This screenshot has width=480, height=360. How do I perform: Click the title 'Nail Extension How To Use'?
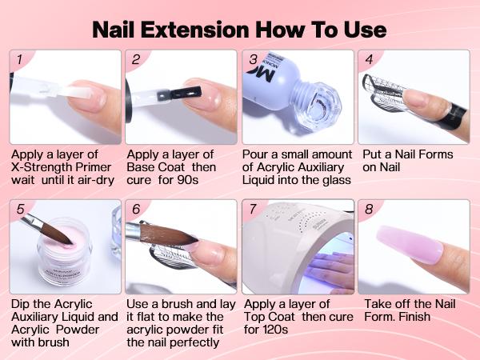[x=240, y=29]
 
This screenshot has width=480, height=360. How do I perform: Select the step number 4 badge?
[x=370, y=59]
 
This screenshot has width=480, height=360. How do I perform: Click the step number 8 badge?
[x=370, y=210]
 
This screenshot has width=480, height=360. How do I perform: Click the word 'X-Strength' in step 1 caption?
[x=44, y=168]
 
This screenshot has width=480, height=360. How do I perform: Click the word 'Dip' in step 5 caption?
[x=22, y=305]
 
